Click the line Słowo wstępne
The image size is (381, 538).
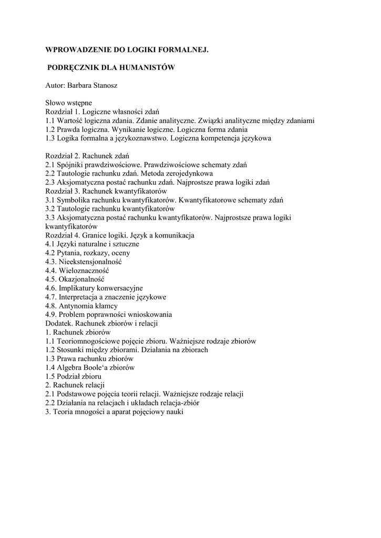click(x=68, y=103)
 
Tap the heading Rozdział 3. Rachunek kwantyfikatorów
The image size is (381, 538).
click(x=106, y=191)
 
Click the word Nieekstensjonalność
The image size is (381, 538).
click(x=91, y=262)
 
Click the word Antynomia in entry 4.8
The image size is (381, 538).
click(x=75, y=306)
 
